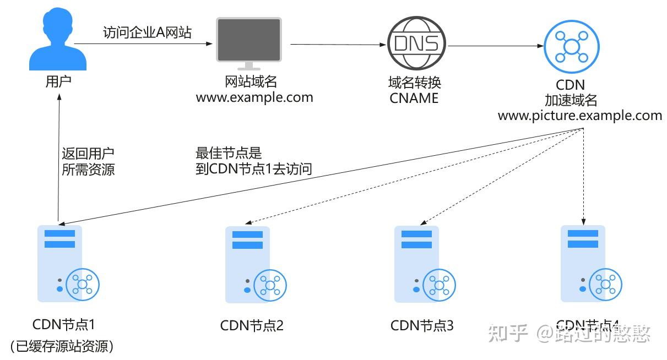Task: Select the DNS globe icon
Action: [416, 43]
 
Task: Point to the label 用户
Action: [58, 82]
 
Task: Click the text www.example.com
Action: [254, 98]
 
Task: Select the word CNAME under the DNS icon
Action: [414, 99]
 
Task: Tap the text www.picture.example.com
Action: [580, 116]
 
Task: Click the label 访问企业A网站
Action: [147, 32]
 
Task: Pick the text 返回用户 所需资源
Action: [88, 161]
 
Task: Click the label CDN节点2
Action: [252, 325]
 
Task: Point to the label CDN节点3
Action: [422, 325]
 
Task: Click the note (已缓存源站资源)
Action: [62, 346]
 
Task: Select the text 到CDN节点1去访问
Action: [253, 169]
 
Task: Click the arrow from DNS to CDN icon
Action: [493, 46]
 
